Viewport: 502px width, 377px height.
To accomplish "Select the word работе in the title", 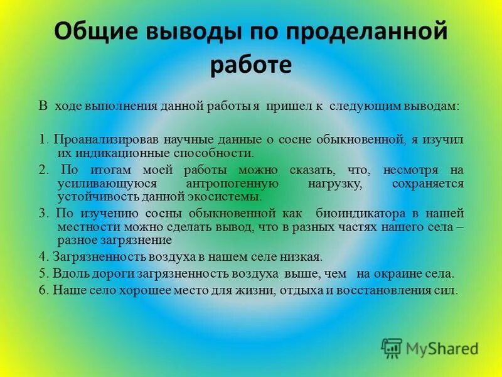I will point(250,65).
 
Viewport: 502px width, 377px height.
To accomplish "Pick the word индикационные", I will point(110,152).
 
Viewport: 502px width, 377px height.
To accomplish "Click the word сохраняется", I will point(428,183).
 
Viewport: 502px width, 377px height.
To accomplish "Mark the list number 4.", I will point(42,256).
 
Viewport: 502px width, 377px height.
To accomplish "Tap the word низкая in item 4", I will point(301,256).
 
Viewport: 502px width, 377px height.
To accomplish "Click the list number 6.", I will point(42,290).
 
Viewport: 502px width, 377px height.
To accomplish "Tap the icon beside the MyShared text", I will point(392,347).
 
